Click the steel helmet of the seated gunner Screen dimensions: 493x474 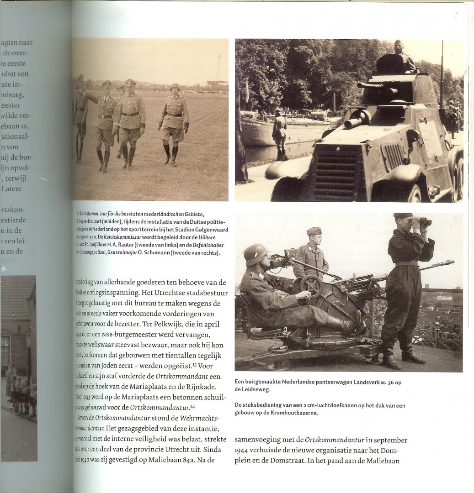[x=256, y=254]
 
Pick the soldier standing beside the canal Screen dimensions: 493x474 [x=279, y=135]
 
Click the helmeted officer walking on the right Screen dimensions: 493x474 [x=174, y=122]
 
